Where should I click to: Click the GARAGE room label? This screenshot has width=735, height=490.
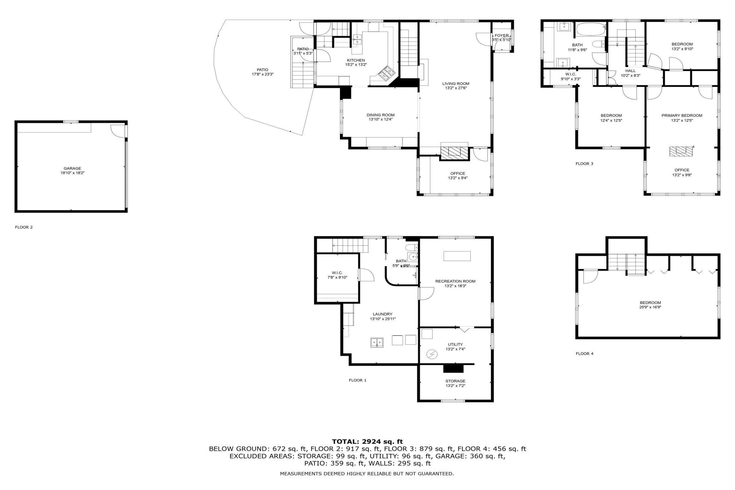[x=72, y=168]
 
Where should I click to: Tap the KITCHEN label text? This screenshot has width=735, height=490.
[x=356, y=60]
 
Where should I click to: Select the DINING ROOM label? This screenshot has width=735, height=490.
[x=381, y=115]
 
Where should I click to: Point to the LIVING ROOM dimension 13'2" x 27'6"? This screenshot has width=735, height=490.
[x=456, y=88]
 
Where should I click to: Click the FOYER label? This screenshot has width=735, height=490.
[x=502, y=35]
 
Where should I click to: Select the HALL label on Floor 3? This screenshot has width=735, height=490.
[x=630, y=71]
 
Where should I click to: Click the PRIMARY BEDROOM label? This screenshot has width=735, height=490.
[x=682, y=115]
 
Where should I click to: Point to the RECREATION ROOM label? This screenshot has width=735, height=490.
[x=455, y=281]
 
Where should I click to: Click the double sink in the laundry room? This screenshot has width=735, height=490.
[x=377, y=343]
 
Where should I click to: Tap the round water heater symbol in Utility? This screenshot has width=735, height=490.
[x=432, y=354]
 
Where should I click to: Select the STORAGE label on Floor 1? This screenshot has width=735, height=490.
[x=455, y=381]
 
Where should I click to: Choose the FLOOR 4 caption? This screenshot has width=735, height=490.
[x=584, y=354]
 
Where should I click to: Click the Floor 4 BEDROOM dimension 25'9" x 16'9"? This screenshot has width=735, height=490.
[x=650, y=307]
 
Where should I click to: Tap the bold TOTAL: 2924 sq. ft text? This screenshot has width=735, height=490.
[x=367, y=441]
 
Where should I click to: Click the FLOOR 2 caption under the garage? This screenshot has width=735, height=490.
[x=24, y=227]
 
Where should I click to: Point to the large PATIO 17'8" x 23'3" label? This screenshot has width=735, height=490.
[x=262, y=72]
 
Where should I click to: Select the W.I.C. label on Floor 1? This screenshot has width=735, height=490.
[x=337, y=273]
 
